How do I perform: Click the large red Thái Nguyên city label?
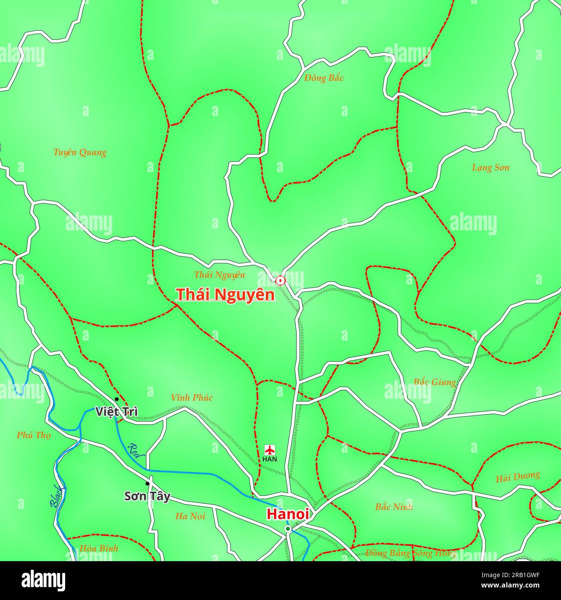pos(225,294)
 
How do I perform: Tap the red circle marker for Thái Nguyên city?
pos(280,281)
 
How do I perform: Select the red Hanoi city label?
pos(287,514)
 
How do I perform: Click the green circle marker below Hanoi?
pos(288,529)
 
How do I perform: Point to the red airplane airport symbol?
pos(270,450)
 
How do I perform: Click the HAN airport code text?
pos(270,459)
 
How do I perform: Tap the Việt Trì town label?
pos(117,411)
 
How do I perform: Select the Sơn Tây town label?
pos(147,496)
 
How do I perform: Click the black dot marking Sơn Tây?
pos(148,483)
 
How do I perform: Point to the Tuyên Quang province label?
pos(80,152)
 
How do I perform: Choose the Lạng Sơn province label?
pos(490,167)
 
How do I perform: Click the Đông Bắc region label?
pos(324,78)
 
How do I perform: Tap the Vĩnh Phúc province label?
pos(192,398)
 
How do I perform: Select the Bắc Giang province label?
pos(435,382)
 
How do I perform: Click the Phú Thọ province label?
pos(34,435)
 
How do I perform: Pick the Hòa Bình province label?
pos(99,549)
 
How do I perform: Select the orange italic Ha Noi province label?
pos(190,516)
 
